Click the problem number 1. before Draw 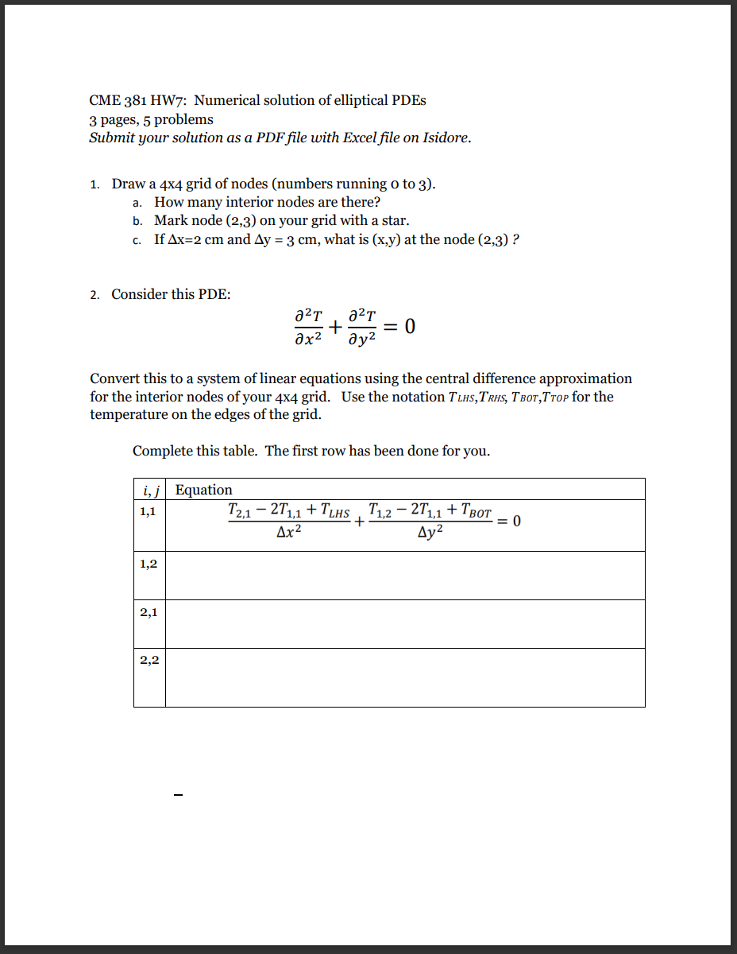(95, 184)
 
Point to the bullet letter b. (137, 221)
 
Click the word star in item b (393, 220)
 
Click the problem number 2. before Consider (95, 295)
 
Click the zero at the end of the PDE (409, 327)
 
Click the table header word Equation (204, 490)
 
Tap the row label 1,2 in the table (149, 564)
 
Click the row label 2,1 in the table (149, 612)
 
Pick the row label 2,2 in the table (149, 660)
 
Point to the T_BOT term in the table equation (477, 513)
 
